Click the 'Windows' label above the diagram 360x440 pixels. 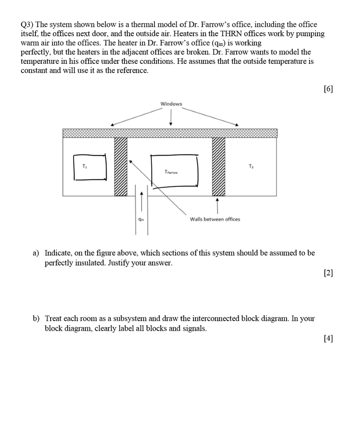click(x=171, y=104)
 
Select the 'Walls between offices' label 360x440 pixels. click(x=215, y=219)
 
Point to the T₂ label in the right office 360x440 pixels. click(x=251, y=166)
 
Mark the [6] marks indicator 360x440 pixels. click(x=328, y=89)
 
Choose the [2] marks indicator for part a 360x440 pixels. click(x=328, y=273)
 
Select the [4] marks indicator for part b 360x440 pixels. click(x=328, y=339)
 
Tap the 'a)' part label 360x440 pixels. click(x=36, y=253)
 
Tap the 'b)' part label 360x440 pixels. click(x=36, y=319)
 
